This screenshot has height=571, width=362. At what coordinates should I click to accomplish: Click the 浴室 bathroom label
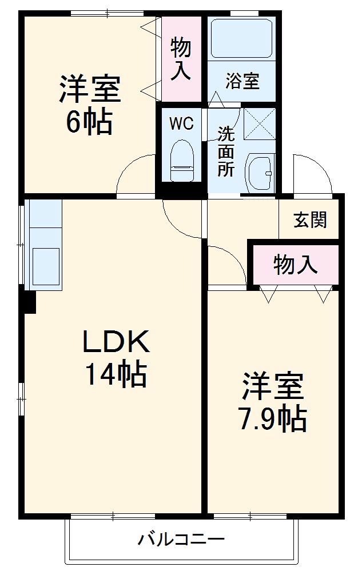tap(242, 81)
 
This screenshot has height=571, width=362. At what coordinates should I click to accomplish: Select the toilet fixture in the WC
tap(182, 160)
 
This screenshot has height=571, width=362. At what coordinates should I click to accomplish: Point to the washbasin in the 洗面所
tap(260, 171)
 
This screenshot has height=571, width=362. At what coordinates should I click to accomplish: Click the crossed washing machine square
tap(259, 122)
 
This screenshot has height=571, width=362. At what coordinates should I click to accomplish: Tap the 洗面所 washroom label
tap(225, 152)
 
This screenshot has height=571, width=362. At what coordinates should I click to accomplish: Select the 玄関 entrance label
tap(310, 219)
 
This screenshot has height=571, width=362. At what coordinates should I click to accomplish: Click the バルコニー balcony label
tap(181, 538)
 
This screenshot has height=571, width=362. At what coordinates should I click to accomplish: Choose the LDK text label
tap(116, 342)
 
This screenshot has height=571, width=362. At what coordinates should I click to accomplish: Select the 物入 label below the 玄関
tap(295, 265)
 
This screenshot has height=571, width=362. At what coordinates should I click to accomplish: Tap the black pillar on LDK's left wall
tap(29, 302)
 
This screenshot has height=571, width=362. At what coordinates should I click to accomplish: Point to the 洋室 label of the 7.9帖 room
tap(272, 387)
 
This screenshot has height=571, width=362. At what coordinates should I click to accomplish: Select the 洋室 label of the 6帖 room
tap(89, 89)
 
